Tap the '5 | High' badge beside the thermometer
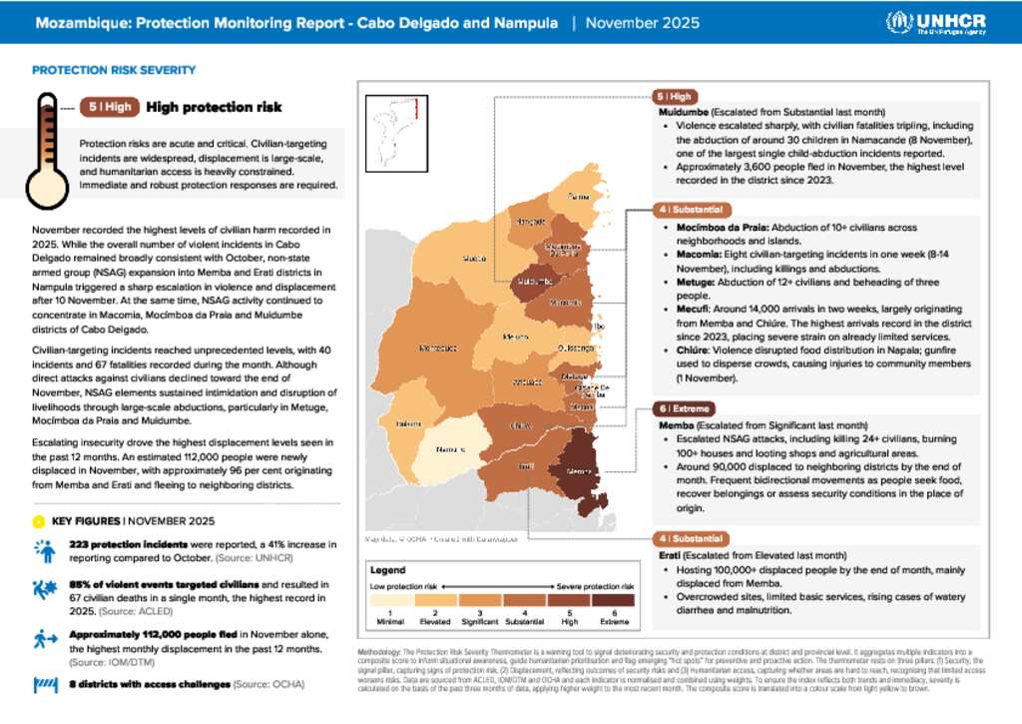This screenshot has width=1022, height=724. (109, 108)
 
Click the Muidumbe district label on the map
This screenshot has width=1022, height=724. (536, 281)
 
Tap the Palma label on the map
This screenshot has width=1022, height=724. (579, 198)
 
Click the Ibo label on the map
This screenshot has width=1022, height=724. (599, 326)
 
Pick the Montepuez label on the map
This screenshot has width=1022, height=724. (437, 349)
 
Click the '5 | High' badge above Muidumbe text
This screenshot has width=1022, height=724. (675, 97)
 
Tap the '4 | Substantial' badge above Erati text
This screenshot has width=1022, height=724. (690, 539)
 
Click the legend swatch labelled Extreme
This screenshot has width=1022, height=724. (613, 600)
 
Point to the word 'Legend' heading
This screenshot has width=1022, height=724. (389, 568)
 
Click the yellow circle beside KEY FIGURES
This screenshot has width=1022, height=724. (38, 521)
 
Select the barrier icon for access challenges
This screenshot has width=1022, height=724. (45, 685)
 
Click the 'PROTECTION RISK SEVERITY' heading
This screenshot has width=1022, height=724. (114, 70)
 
